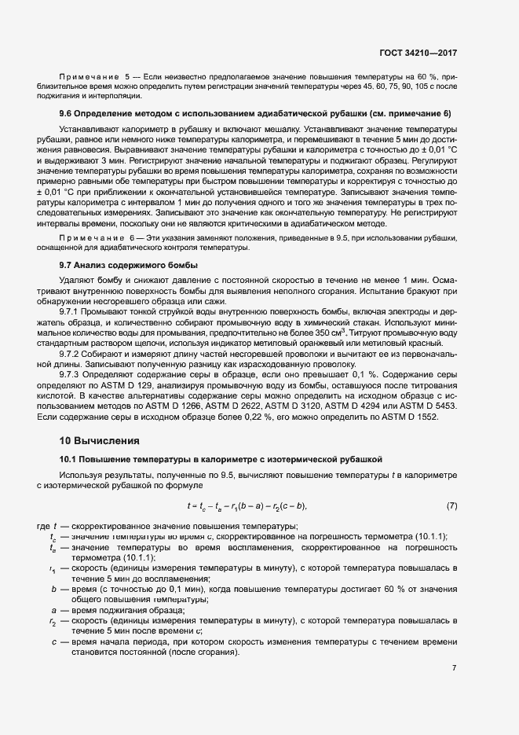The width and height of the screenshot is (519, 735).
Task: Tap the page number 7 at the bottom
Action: click(x=455, y=667)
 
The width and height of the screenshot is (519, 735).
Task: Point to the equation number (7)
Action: click(x=451, y=505)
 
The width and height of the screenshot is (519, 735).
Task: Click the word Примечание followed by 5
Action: click(x=88, y=77)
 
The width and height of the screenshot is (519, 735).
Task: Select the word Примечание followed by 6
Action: click(x=88, y=237)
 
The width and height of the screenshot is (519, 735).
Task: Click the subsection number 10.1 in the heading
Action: click(x=68, y=458)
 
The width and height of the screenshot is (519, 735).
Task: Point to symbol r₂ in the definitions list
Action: click(x=53, y=621)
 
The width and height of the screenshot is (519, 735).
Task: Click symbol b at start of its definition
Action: click(x=53, y=589)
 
